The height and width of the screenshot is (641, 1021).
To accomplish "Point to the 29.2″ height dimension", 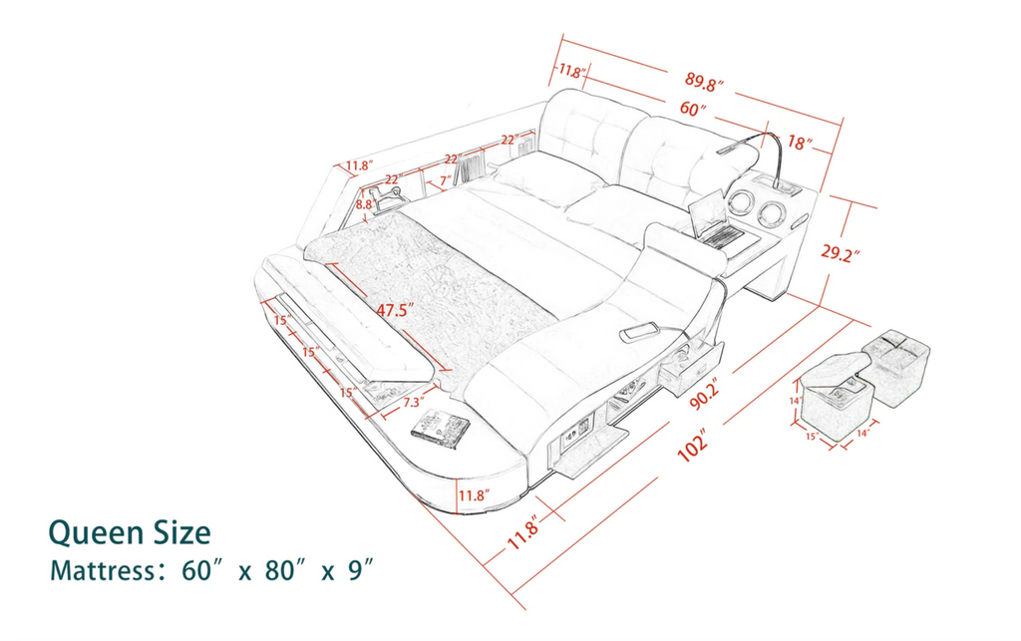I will click(x=840, y=253).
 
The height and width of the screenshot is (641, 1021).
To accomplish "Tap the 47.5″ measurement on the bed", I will click(x=392, y=310).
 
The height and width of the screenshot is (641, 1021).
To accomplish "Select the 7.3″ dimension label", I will click(x=418, y=404).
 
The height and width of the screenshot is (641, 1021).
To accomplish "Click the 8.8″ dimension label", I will click(x=364, y=204).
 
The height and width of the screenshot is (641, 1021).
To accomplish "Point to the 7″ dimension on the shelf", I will click(x=444, y=180).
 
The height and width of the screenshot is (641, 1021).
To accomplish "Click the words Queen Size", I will click(x=130, y=532).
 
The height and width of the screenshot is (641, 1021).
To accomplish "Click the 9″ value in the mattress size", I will click(x=360, y=572).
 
